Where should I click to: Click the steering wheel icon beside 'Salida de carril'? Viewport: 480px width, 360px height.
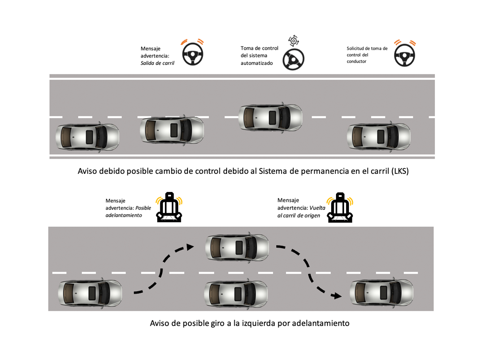pos(192,55)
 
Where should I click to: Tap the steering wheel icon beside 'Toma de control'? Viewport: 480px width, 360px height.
pos(293,59)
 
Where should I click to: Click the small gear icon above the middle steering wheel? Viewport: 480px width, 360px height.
pos(294,41)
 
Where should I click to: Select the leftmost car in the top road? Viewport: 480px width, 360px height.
pos(88,137)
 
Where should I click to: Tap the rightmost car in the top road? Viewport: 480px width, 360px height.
pos(378,137)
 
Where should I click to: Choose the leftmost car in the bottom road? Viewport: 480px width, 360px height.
pos(90,294)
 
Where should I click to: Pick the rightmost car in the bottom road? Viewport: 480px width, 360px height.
pos(381,293)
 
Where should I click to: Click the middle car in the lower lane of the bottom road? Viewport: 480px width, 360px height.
pos(236,294)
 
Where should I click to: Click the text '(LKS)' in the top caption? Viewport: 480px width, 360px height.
pos(400,171)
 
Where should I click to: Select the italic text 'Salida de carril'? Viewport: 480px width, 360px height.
pos(157,63)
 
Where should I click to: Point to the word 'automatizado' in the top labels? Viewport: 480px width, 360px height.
pos(257,63)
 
